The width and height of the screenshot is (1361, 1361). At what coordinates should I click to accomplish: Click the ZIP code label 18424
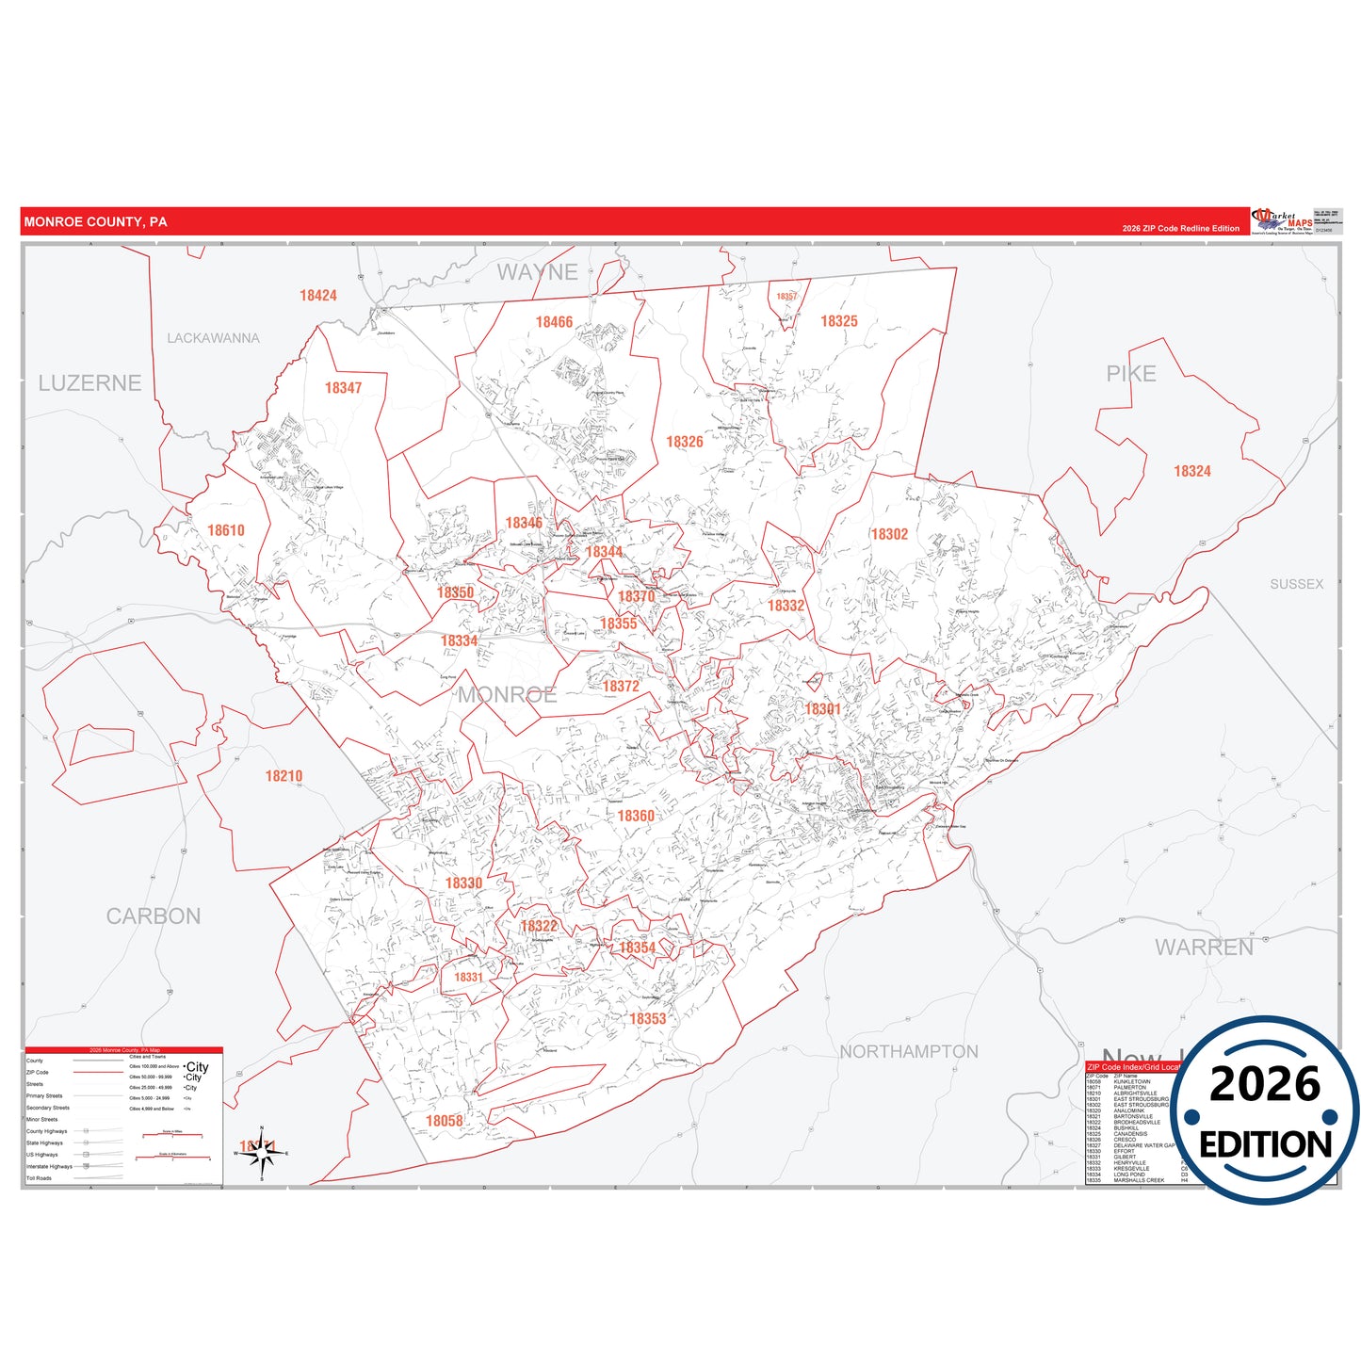(318, 296)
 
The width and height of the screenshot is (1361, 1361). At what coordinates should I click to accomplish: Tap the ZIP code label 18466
(554, 322)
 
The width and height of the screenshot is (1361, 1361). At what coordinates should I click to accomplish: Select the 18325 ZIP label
(838, 321)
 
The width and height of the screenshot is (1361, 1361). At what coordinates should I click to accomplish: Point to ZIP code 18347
(343, 388)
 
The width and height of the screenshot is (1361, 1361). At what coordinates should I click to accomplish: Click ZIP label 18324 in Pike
(1191, 471)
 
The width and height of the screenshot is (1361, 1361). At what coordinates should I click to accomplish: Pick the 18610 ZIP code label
(226, 530)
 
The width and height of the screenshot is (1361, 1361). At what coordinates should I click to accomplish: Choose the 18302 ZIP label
(889, 534)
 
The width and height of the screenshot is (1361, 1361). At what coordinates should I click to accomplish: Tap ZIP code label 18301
(822, 709)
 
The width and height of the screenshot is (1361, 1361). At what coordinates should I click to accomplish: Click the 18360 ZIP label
(636, 816)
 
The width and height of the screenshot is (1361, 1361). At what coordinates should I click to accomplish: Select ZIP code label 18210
(284, 776)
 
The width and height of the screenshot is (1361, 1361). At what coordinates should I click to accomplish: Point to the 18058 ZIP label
(445, 1121)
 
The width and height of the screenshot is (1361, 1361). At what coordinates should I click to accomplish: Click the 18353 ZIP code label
(647, 1018)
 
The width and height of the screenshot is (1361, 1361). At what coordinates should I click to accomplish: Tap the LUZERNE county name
(89, 383)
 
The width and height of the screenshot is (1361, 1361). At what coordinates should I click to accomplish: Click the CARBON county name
(154, 916)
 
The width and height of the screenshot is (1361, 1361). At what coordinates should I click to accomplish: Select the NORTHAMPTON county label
(909, 1051)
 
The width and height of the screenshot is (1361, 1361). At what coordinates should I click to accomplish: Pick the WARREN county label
(1204, 948)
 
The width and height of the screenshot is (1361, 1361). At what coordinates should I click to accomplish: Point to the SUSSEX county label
(1296, 584)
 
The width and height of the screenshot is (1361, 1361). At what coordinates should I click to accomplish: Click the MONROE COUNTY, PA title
(95, 222)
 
